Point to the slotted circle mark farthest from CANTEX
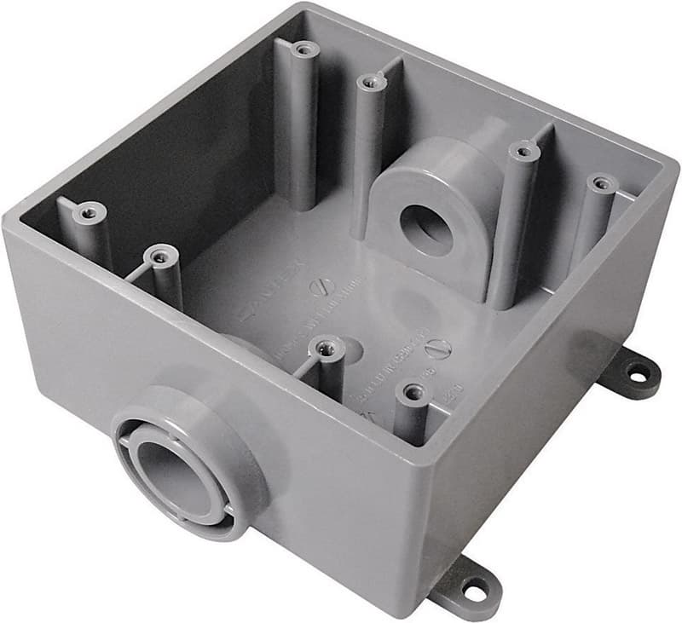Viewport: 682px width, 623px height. click(x=437, y=348)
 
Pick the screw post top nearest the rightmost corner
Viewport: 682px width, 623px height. click(x=603, y=183)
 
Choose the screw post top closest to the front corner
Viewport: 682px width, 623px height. click(x=414, y=392)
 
